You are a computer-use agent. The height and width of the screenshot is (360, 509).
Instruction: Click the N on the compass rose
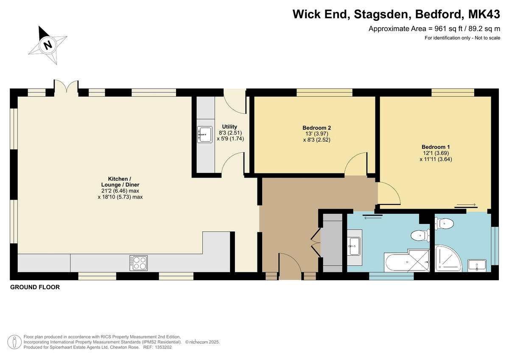(x=48, y=45)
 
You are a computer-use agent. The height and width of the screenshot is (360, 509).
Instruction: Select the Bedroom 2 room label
(x=316, y=128)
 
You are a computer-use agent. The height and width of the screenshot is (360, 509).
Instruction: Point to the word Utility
(x=230, y=126)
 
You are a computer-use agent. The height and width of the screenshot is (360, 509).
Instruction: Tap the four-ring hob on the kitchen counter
(x=139, y=263)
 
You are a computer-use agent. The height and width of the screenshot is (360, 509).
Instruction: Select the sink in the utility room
(x=204, y=135)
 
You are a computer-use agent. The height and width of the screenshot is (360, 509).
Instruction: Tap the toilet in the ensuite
(x=444, y=223)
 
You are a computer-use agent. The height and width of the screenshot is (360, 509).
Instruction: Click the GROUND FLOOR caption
(x=35, y=287)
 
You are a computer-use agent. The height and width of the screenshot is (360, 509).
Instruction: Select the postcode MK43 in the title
(x=484, y=14)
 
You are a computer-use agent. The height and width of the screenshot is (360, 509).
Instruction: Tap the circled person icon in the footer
(x=15, y=341)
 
